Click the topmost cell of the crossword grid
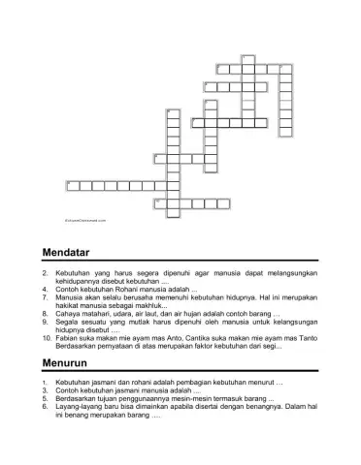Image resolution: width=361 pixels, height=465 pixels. [x=247, y=58]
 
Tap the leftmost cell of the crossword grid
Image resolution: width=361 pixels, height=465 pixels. [x=71, y=183]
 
